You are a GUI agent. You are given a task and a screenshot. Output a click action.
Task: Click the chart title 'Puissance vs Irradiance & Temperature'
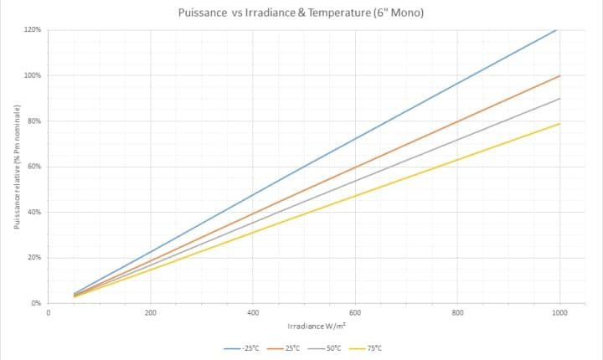pos(301,13)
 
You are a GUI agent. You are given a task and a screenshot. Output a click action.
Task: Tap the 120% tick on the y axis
pos(33,30)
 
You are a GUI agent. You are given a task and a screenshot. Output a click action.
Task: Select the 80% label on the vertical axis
pos(34,121)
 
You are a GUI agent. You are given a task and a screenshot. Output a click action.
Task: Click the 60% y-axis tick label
pos(34,167)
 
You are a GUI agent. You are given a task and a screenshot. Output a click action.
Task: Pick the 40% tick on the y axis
pos(34,212)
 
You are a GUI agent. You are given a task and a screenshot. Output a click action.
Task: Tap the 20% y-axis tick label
pos(34,257)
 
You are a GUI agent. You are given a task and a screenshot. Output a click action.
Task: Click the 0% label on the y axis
pos(36,303)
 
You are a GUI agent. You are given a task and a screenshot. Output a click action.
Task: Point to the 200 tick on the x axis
pos(151,312)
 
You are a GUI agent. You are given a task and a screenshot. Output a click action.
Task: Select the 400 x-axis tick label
pos(253,312)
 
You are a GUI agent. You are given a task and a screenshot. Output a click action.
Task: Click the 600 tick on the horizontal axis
pos(355,312)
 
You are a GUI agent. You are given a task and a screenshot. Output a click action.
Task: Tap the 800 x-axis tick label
pos(457,312)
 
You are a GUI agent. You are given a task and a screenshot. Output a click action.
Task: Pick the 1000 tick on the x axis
pos(559,312)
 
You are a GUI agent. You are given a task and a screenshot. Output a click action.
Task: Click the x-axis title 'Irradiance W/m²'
pos(317,326)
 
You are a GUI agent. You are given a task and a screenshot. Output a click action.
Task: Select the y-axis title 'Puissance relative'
pos(17,167)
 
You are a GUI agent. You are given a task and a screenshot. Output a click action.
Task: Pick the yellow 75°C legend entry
pos(369,347)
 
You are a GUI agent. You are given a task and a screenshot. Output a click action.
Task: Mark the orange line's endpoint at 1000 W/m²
pos(559,75)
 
